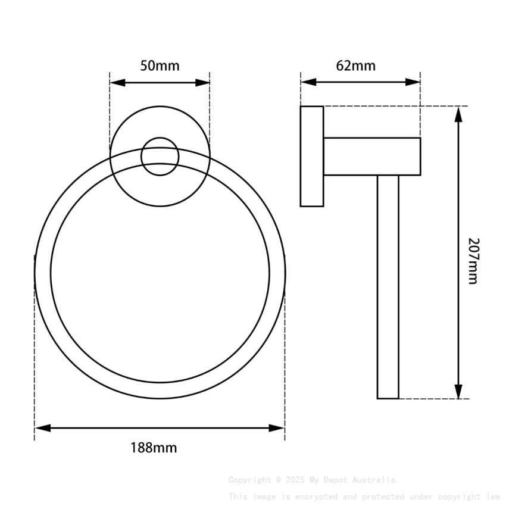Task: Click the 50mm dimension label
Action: [x=160, y=65]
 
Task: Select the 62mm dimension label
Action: [x=356, y=65]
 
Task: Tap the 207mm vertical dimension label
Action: [x=473, y=261]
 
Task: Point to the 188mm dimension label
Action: [x=154, y=448]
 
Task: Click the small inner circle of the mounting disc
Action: [x=160, y=157]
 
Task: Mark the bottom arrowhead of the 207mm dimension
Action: [x=458, y=391]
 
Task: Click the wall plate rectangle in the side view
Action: [x=312, y=157]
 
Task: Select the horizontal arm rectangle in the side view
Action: [x=371, y=157]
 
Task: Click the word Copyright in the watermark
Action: [x=249, y=480]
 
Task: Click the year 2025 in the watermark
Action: [x=295, y=480]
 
